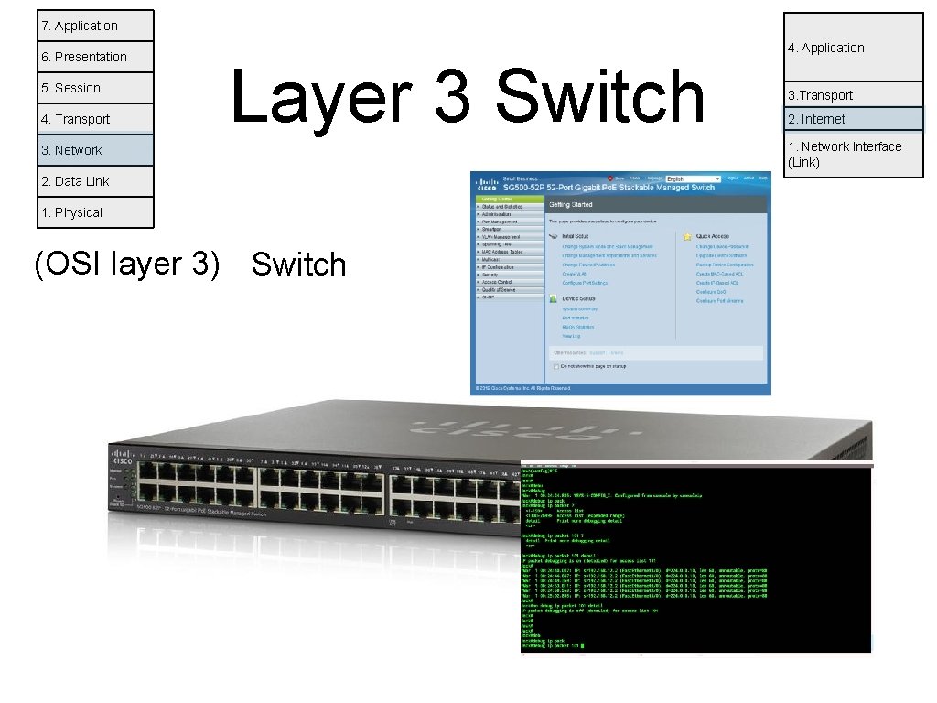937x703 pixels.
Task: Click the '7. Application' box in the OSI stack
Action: [x=96, y=26]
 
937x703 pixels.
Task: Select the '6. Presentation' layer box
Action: [x=96, y=57]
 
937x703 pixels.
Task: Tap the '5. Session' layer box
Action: [x=96, y=88]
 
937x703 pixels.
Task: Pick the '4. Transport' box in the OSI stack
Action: [x=96, y=119]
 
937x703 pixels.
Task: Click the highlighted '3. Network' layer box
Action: [x=96, y=150]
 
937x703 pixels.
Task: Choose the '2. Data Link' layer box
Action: [x=96, y=181]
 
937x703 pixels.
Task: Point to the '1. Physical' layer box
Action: [x=96, y=212]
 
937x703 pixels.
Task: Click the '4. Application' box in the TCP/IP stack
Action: [x=853, y=48]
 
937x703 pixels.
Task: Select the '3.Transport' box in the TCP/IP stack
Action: [x=853, y=95]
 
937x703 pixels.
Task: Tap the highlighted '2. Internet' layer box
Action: [x=853, y=119]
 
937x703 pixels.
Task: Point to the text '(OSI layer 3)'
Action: [x=126, y=264]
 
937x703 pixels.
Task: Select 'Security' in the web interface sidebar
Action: [x=491, y=275]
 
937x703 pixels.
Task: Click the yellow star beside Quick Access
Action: [x=687, y=236]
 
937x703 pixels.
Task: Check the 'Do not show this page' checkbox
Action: [x=555, y=366]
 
